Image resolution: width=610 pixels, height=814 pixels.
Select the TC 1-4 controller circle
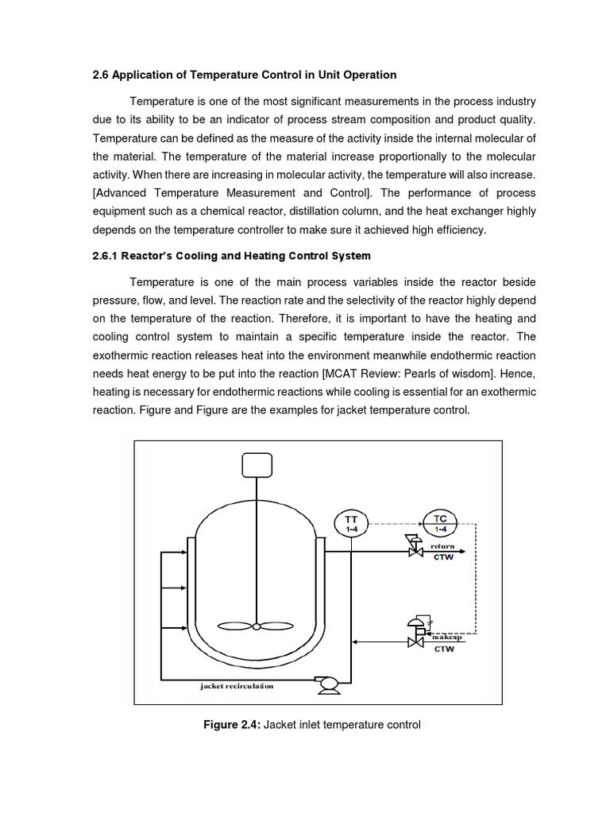click(440, 523)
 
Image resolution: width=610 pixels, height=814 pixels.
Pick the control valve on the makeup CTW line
click(414, 639)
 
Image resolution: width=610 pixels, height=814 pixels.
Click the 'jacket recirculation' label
click(237, 686)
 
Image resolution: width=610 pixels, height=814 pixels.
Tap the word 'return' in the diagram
click(442, 547)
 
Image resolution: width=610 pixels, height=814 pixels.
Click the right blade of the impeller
click(277, 625)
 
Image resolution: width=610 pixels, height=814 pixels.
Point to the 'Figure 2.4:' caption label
click(233, 724)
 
